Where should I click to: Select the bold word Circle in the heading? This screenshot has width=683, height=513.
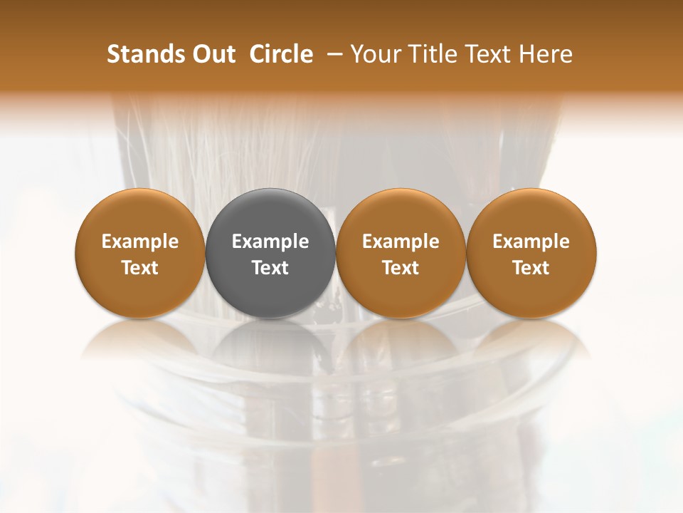281,54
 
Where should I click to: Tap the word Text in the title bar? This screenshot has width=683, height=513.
483,54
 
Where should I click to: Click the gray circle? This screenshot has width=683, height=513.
270,253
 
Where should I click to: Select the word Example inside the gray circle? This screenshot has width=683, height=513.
270,242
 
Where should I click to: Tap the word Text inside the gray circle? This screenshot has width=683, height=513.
270,268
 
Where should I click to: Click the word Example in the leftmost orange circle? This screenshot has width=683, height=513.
140,242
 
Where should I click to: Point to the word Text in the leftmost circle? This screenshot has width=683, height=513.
140,268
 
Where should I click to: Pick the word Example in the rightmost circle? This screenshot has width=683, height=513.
531,242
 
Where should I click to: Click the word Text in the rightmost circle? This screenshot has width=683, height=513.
531,268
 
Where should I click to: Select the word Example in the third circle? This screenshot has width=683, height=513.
401,242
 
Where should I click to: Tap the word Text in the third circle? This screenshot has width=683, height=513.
401,268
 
